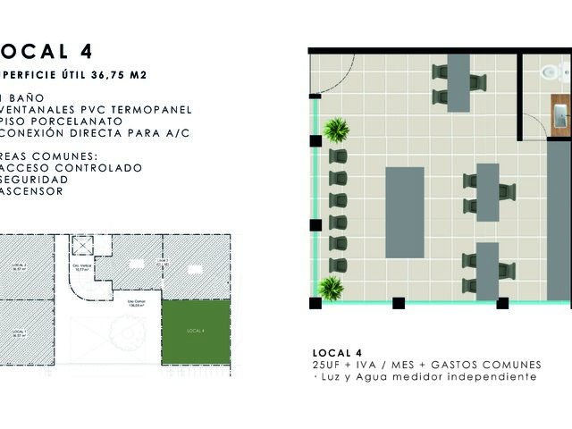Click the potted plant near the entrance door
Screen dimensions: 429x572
coord(336,130)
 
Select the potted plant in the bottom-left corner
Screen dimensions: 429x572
coord(331,289)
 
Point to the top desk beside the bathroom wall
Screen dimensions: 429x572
coord(458,83)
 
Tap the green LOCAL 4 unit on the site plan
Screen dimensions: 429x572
coord(196,332)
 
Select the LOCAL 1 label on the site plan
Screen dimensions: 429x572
coord(18,332)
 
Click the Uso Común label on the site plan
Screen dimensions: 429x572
coord(135,303)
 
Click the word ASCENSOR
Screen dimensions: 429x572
coord(32,190)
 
